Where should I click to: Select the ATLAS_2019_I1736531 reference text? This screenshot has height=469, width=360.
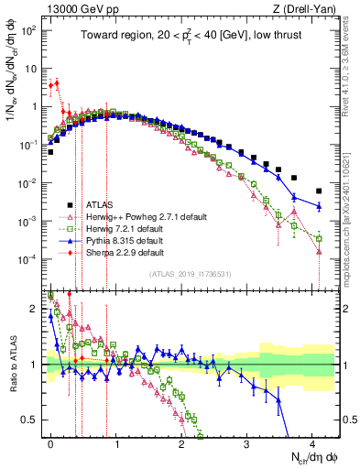pyautogui.click(x=192, y=274)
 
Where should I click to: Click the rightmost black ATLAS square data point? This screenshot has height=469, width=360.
pyautogui.click(x=319, y=191)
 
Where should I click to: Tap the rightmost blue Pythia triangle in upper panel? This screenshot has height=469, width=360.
pyautogui.click(x=319, y=207)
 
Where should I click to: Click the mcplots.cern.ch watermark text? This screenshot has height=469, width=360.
pyautogui.click(x=352, y=229)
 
